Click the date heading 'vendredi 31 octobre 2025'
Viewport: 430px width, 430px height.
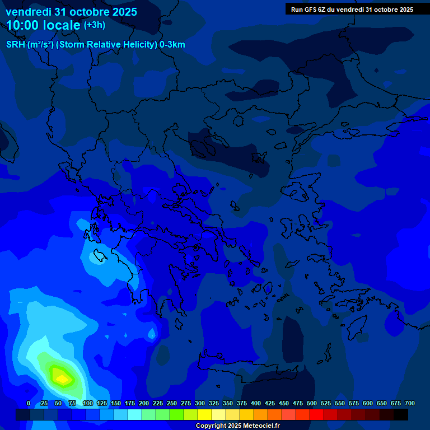[71, 12]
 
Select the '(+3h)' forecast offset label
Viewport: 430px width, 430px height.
[94, 25]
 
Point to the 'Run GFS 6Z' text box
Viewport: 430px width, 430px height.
[352, 10]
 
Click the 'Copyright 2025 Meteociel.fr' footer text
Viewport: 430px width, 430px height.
[237, 426]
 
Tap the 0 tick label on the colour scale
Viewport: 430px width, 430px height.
[29, 404]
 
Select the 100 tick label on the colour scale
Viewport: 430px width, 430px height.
[87, 404]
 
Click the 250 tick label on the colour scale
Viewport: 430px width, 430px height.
[172, 404]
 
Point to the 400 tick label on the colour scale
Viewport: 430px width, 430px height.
[256, 404]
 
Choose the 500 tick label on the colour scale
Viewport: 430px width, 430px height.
[312, 404]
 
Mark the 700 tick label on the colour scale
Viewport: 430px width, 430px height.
[410, 404]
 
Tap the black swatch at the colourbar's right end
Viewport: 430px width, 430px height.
[401, 415]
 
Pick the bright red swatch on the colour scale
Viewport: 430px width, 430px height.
[317, 415]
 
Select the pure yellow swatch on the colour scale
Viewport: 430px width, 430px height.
[205, 415]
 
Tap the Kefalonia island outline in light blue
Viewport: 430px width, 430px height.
[100, 256]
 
